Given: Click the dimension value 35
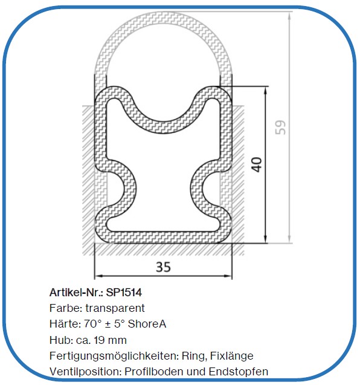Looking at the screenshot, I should tap(162, 267).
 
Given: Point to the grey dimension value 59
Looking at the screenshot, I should tap(280, 128).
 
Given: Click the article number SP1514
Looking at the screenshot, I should tap(124, 293).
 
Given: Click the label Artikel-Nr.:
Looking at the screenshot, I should tap(76, 293).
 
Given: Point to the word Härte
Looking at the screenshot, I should tap(63, 324).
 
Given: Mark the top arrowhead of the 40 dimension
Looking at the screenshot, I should tap(266, 89).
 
